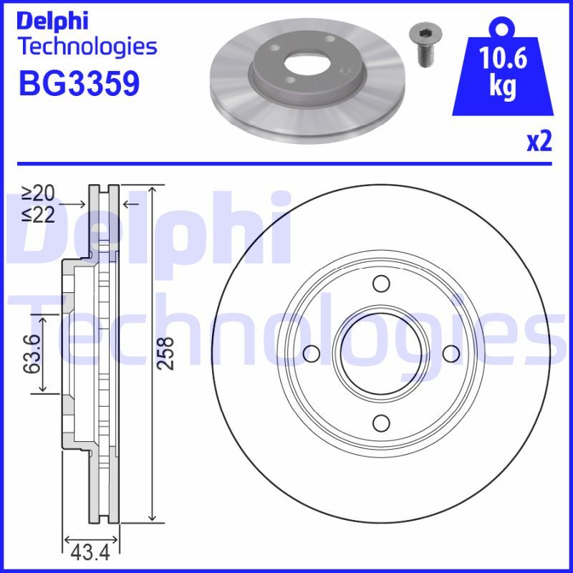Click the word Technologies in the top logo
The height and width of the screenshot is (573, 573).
[x=86, y=47]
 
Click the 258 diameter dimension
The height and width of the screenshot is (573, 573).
[x=165, y=353]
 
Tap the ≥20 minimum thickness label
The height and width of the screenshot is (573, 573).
[x=38, y=193]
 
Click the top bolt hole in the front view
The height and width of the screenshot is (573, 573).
[x=381, y=284]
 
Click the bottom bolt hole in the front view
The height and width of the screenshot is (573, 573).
[x=381, y=423]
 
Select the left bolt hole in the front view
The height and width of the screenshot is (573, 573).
[x=312, y=354]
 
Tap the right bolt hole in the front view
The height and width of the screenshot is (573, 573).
[x=451, y=354]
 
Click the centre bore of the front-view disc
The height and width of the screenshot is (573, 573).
[x=381, y=354]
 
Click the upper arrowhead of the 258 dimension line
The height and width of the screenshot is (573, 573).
[x=151, y=191]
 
